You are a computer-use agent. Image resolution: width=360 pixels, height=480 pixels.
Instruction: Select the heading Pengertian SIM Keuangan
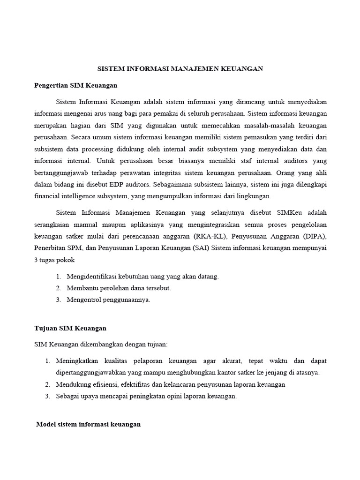click(75, 85)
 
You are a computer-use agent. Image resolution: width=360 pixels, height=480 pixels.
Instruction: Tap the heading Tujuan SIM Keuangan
click(70, 328)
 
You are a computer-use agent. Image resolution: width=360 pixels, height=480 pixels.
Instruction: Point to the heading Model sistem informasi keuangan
click(89, 424)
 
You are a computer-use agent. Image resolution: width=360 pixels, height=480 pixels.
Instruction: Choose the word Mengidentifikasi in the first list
click(90, 277)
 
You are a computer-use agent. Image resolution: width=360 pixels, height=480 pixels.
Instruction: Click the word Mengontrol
click(85, 300)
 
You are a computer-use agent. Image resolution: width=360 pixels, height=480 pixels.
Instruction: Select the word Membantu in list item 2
click(81, 288)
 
